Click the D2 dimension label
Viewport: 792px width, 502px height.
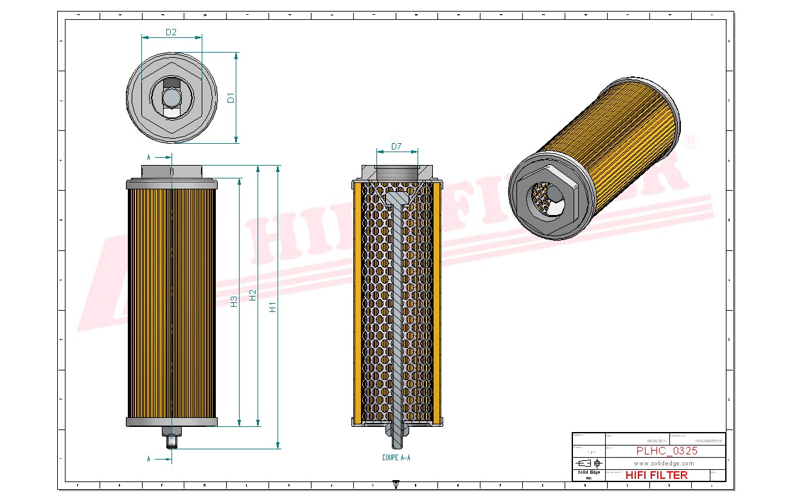(171, 32)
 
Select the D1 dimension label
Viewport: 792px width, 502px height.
(231, 98)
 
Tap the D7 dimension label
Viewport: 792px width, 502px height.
(396, 146)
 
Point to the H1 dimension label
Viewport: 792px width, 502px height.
(273, 307)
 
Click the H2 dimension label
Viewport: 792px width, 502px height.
(253, 295)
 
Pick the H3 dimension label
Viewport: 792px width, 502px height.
(234, 300)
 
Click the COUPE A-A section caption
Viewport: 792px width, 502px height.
(396, 458)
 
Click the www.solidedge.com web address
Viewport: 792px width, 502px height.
(664, 463)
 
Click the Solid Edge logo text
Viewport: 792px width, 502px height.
(588, 472)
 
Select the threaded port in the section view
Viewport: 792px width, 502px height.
(396, 173)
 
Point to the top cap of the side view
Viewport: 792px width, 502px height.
(172, 171)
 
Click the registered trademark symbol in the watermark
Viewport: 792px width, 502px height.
(691, 141)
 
